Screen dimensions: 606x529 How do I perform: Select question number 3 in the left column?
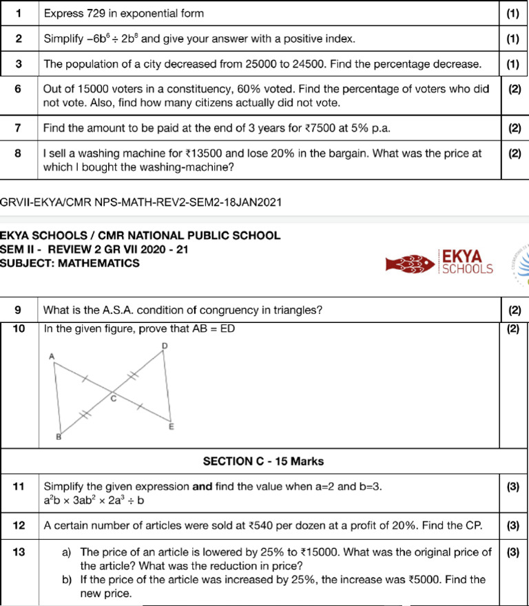[19, 64]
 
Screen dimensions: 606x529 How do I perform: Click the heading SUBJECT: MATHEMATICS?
[70, 263]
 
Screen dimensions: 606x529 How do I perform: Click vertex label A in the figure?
[51, 355]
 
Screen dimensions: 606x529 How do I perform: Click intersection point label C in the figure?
[114, 399]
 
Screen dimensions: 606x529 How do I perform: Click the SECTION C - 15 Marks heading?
[263, 461]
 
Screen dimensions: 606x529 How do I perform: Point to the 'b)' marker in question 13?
[67, 580]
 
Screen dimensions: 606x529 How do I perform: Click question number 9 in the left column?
[19, 309]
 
